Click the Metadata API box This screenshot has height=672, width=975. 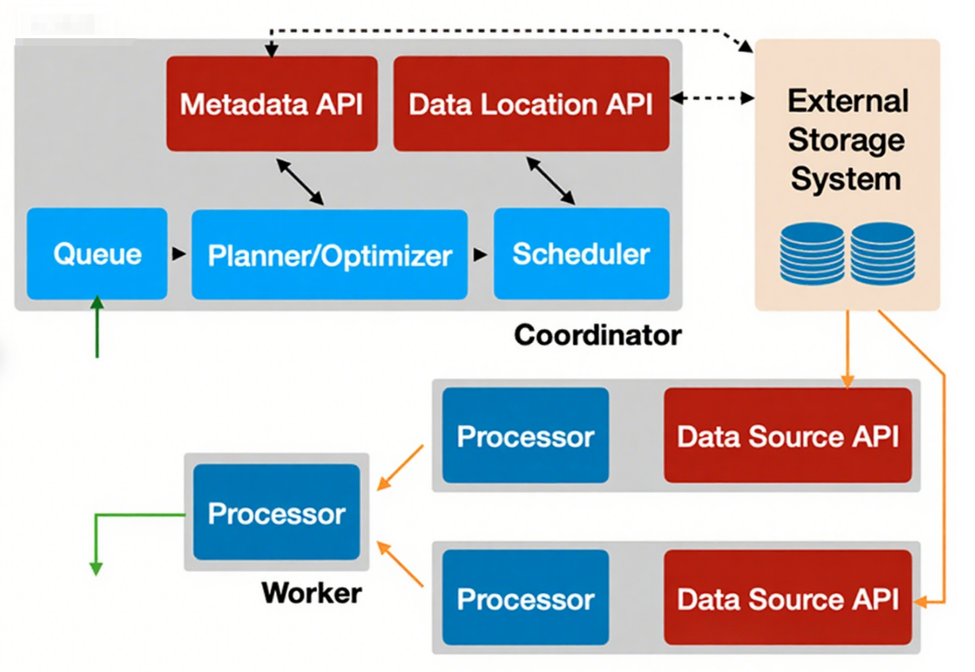coord(272,104)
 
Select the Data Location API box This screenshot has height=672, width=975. coord(531,104)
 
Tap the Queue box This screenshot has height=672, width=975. coord(97,254)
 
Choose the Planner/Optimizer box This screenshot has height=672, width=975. coord(329,255)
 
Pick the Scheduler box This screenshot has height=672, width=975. coord(581,254)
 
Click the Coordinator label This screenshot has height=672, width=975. coord(598,335)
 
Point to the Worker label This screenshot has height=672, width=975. coord(311,593)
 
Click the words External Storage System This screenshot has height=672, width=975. coord(847,140)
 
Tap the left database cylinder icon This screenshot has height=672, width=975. coord(812,253)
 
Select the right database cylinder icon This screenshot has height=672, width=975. coord(882,253)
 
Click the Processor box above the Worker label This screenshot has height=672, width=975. coord(276,513)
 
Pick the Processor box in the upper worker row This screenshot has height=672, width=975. coord(525,436)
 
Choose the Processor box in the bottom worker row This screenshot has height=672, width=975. coord(525,598)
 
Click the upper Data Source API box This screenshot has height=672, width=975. coord(788,436)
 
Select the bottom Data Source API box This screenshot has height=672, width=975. coord(788,598)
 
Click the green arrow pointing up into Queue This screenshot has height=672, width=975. coord(97,326)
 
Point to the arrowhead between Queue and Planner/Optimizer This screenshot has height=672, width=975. coord(179,254)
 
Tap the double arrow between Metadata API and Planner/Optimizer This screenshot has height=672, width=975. coord(300,182)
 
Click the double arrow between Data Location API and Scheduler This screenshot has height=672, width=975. coord(550,180)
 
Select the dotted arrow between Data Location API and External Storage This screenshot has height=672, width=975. coord(712,98)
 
